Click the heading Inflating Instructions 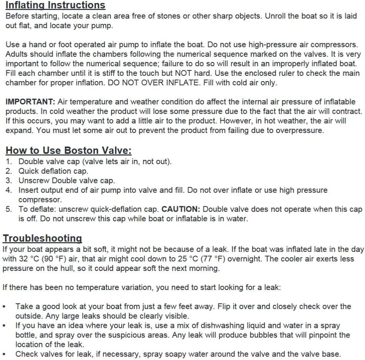coord(55,5)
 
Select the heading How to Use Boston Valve coord(69,150)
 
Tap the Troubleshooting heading coord(43,238)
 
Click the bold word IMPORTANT coord(30,102)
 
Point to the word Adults coord(17,54)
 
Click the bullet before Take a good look coord(4,307)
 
